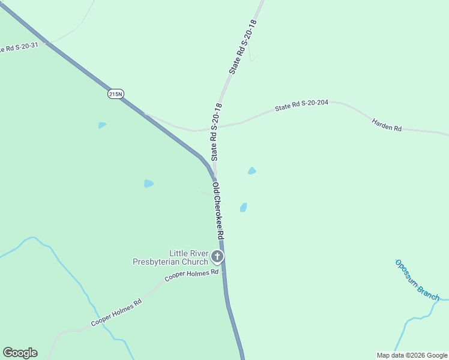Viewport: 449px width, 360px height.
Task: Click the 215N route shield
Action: (116, 94)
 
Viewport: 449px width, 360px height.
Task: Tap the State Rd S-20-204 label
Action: (301, 106)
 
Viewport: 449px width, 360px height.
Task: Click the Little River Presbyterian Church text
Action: (172, 257)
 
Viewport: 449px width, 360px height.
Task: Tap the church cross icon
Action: (217, 257)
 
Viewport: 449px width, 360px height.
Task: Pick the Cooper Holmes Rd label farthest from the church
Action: (116, 313)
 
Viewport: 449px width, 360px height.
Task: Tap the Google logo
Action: (20, 353)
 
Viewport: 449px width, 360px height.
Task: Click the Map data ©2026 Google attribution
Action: (412, 355)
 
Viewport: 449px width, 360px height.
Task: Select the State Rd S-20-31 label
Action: (18, 47)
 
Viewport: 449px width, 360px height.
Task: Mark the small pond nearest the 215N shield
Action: (102, 125)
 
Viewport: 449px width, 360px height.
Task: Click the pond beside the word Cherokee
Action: (243, 207)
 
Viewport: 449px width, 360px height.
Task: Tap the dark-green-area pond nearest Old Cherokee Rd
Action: (148, 184)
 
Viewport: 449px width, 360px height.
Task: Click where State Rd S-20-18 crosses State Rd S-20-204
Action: (218, 127)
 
